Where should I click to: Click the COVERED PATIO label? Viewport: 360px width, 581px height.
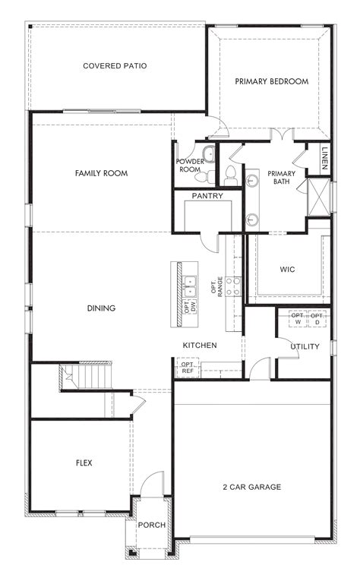coord(115,66)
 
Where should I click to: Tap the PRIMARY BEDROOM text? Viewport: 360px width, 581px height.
coord(271,81)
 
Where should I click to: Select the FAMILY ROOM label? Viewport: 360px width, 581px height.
coord(101,173)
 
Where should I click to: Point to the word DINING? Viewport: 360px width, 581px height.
coord(101,308)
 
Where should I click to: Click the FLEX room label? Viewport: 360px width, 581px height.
coord(84,462)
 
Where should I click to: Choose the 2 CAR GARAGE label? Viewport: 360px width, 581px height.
coord(252,487)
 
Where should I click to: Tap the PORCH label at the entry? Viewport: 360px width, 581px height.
coord(152,525)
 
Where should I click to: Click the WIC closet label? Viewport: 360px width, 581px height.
coord(287,270)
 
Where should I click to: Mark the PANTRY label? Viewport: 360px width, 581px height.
coord(207,196)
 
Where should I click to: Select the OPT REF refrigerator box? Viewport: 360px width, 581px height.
coord(188,368)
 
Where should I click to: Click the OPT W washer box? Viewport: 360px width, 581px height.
coord(297,319)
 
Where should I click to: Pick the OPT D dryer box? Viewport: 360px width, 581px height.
coord(317,319)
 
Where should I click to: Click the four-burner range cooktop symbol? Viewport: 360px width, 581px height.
coord(235,286)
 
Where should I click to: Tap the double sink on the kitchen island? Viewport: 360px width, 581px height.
coord(188,286)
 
